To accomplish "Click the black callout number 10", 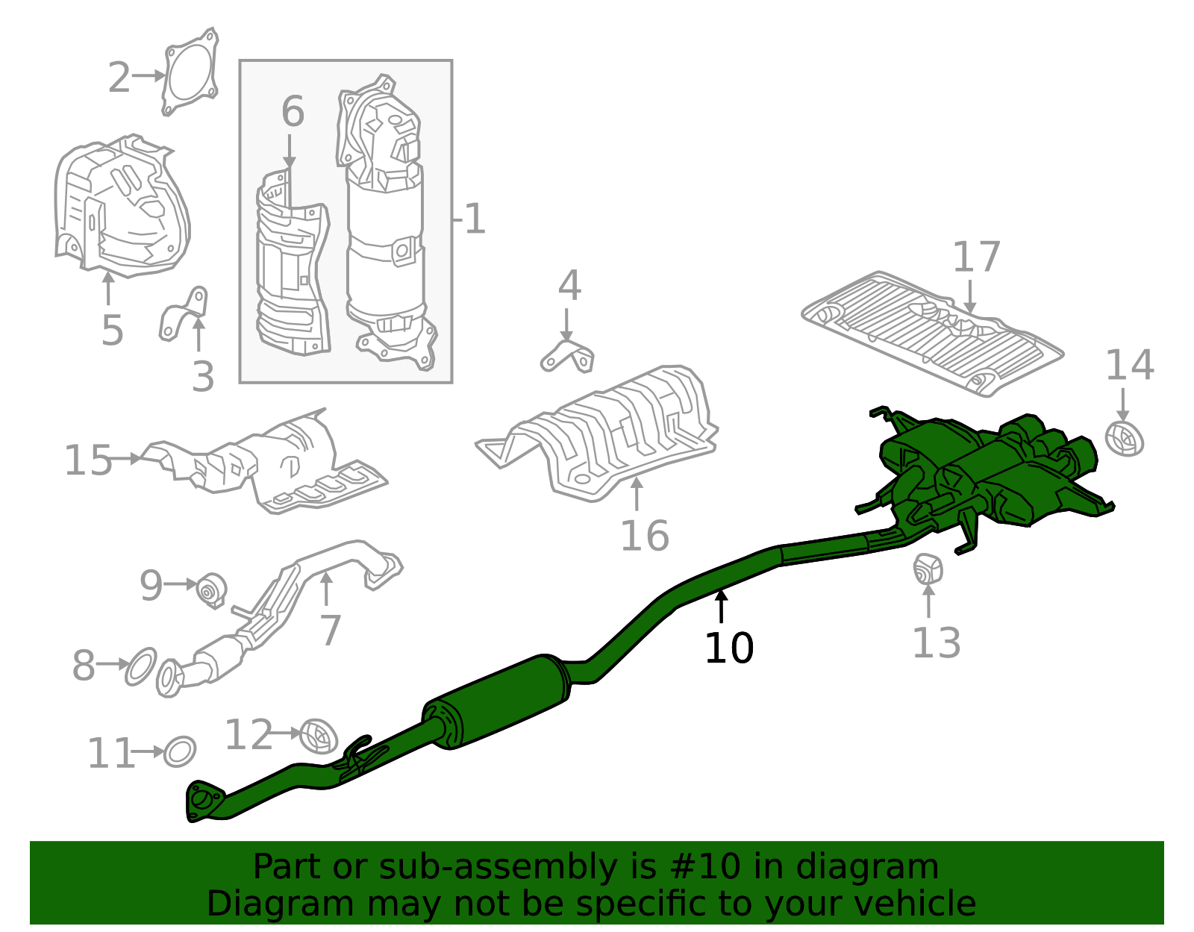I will (728, 648).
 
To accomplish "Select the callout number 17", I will (976, 257).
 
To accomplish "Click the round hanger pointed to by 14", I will (1124, 439).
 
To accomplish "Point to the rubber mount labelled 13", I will (928, 569).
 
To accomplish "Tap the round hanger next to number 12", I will (318, 736).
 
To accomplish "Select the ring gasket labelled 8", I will (141, 666).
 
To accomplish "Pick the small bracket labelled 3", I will (184, 316).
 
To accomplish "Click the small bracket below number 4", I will (568, 357).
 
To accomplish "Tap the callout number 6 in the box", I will (293, 112).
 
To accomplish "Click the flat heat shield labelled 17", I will (933, 332).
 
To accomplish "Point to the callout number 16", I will (644, 536).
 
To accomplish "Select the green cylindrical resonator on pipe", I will (496, 701).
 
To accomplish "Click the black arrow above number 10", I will (721, 605).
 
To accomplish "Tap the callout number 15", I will (87, 460).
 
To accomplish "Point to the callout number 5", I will (112, 330).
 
